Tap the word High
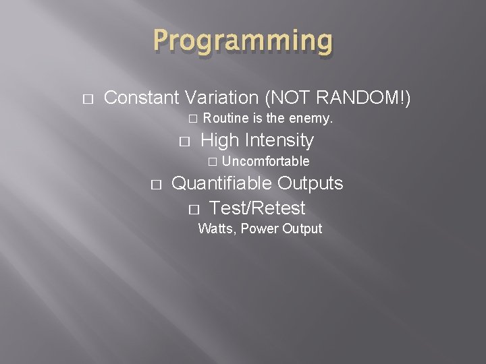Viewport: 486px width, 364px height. [220, 140]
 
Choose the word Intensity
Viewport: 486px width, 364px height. [279, 140]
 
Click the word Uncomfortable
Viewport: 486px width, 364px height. [265, 161]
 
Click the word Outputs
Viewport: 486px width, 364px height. [310, 183]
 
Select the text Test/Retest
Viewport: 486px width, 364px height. [257, 208]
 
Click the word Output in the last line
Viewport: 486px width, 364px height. [302, 229]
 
